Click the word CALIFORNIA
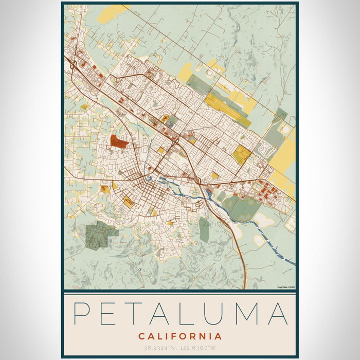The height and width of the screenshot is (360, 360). [179, 337]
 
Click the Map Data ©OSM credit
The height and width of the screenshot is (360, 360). [285, 287]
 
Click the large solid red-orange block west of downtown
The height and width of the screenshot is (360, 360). [119, 142]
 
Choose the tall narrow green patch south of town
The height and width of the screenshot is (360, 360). [204, 230]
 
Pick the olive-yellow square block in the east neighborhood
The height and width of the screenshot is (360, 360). [241, 154]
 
